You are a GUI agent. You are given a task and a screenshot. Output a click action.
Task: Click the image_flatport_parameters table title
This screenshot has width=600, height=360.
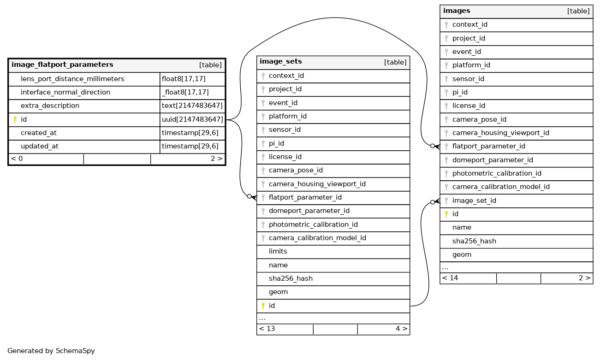[62, 65]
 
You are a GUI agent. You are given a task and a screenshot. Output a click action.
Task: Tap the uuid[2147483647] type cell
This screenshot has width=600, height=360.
[192, 119]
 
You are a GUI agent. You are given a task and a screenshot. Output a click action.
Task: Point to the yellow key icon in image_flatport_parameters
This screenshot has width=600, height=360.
[15, 120]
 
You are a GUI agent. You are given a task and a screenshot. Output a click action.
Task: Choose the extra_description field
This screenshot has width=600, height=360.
[50, 106]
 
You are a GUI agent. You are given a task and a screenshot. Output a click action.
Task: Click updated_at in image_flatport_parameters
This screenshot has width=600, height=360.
[40, 146]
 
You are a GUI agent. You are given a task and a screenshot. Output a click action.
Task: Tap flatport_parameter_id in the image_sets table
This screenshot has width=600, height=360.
[305, 197]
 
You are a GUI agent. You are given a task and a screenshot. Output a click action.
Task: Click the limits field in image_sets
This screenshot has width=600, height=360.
[278, 251]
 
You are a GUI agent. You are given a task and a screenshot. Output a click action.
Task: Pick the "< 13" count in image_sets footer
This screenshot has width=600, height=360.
[267, 329]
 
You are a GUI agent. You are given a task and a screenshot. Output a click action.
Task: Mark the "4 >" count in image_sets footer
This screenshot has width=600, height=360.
[401, 329]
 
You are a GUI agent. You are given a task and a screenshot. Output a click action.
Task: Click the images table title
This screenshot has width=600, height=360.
[457, 11]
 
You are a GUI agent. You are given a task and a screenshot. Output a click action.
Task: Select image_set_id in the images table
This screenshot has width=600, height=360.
[474, 201]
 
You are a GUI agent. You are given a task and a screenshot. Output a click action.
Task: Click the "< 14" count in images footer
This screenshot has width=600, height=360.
[450, 278]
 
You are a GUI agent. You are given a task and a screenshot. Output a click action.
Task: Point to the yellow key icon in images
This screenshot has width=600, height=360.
[446, 214]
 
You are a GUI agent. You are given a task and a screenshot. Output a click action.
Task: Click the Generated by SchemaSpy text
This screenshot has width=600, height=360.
[51, 351]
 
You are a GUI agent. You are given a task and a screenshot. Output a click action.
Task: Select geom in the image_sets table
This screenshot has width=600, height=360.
[278, 292]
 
